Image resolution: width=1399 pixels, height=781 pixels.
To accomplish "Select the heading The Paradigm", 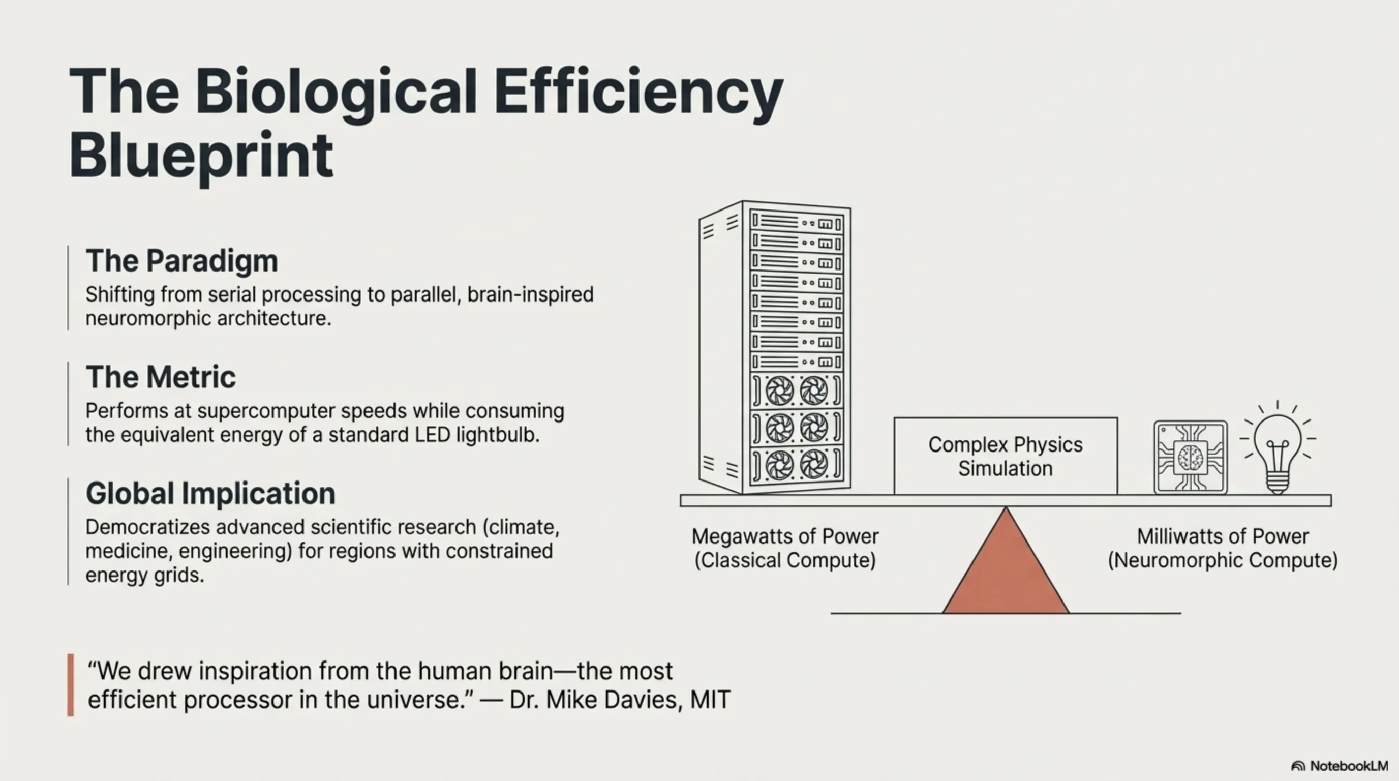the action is coord(182,261).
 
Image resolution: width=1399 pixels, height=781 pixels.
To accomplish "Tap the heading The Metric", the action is coord(161,377).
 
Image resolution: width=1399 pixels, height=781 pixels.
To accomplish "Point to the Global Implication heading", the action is coord(211,494).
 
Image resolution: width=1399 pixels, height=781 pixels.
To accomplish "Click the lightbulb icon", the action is coord(1278,447).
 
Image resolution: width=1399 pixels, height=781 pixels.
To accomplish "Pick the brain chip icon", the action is coord(1191,457).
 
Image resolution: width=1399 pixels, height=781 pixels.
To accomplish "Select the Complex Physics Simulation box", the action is coord(1006,456).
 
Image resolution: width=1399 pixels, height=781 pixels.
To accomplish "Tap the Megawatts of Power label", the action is coord(785,536).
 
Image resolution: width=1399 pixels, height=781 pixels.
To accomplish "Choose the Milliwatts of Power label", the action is coord(1223,536).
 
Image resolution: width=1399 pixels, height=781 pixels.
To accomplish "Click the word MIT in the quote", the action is coord(710,700).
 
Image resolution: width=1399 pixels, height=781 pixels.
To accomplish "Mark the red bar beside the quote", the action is coord(71,685).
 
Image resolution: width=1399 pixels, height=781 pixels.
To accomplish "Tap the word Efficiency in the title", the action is coord(638,93).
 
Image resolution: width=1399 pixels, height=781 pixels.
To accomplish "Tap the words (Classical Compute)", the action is coord(785,560).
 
